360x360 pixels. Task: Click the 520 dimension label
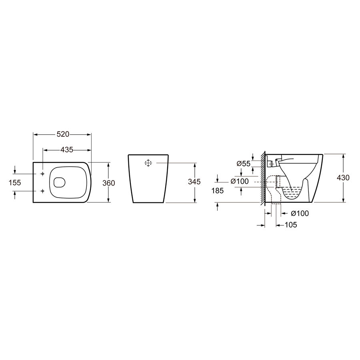(63, 134)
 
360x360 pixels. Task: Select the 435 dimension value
(67, 150)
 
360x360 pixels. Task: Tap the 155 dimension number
(15, 183)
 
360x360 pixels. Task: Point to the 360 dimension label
(108, 183)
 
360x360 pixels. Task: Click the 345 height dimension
(194, 182)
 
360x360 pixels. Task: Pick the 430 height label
(343, 178)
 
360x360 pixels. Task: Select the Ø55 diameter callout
(244, 164)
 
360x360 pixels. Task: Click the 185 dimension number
(218, 190)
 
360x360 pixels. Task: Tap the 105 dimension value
(291, 225)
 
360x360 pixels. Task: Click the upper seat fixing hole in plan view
(43, 174)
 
